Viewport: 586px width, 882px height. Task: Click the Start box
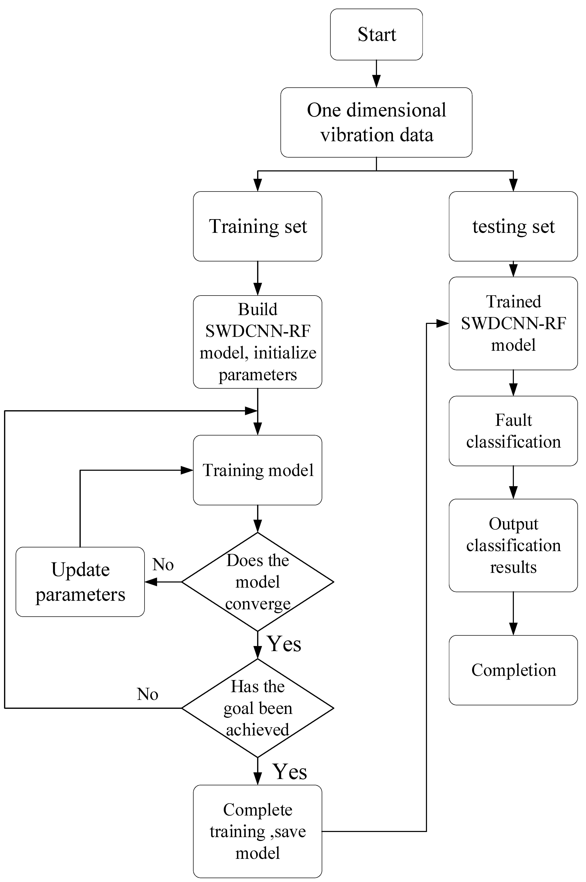376,34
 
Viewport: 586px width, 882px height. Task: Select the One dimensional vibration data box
376,122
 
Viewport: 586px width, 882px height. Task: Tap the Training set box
257,226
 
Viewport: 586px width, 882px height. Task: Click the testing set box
513,226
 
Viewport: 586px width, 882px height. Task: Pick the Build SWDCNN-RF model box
257,342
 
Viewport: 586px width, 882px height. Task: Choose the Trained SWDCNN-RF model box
513,323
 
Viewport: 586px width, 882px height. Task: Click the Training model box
257,470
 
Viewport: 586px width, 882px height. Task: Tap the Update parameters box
80,582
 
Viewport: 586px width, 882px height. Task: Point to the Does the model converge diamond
257,582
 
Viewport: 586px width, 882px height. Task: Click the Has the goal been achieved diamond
257,708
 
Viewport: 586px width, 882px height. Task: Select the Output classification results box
513,545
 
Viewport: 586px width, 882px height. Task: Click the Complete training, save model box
257,831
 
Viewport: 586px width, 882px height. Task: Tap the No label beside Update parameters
163,564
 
